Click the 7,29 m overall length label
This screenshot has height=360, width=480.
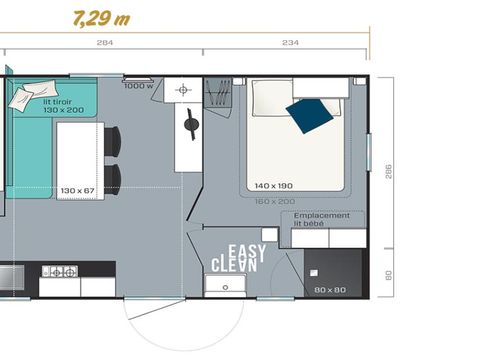pos(101,18)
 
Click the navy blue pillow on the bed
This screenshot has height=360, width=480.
pos(306,115)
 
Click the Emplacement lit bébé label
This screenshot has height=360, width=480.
pos(322,218)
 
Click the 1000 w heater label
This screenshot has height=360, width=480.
pos(137,85)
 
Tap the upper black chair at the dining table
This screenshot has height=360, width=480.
pos(112,141)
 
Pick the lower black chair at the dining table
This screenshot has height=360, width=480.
pos(112,178)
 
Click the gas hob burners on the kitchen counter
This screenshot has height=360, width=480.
pos(64,271)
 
